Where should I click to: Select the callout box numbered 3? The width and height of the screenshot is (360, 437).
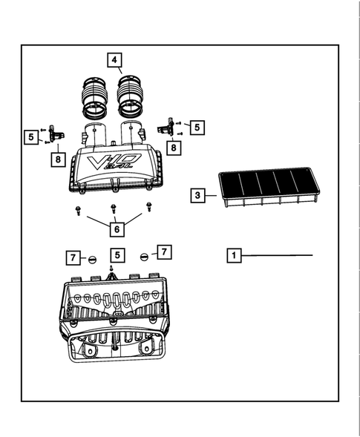coord(197,196)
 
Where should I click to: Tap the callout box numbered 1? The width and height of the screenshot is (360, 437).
coord(233,255)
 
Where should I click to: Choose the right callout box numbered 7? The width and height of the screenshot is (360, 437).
coord(164,252)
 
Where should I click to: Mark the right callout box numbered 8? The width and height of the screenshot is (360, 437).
coord(174,148)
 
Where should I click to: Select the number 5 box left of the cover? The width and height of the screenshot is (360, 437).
coord(30,137)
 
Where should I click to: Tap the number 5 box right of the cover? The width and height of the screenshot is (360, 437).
coord(197,128)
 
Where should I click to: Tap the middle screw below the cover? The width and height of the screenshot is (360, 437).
coord(113,208)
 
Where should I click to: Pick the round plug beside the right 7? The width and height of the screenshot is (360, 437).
coord(144,256)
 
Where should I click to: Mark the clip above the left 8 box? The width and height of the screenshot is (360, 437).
coord(56,134)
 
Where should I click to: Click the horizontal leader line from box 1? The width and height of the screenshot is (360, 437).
coord(278,255)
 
